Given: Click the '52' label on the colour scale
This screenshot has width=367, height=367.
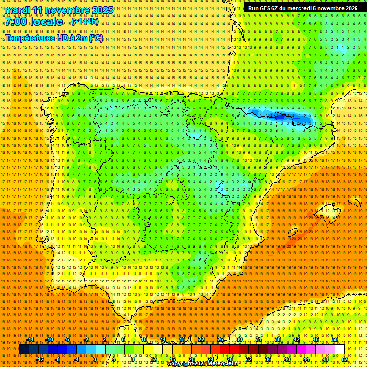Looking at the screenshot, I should click(x=345, y=359).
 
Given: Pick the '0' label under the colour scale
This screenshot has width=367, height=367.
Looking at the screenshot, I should click(x=95, y=359).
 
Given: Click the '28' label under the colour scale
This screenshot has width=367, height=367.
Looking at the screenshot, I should click(x=229, y=359).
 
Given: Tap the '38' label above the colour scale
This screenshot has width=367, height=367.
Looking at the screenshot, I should click(x=278, y=339).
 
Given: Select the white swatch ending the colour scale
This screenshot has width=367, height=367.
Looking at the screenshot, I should click(x=339, y=349).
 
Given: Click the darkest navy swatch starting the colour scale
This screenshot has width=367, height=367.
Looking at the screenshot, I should click(x=24, y=349).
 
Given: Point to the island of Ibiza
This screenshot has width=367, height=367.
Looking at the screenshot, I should click(x=293, y=234).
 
